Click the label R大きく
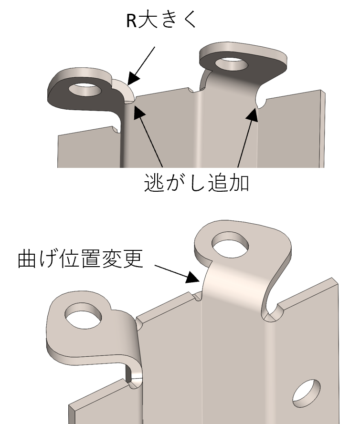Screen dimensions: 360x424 (x=161, y=20)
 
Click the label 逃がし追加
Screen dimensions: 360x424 (x=197, y=183)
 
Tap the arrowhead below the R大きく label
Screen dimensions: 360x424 (x=133, y=79)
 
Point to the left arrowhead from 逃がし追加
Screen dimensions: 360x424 (x=139, y=112)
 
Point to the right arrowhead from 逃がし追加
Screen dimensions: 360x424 (x=253, y=114)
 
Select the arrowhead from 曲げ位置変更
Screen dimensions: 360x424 (x=193, y=278)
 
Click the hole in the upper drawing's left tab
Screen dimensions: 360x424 (x=85, y=90)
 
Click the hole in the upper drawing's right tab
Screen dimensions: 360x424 (x=232, y=64)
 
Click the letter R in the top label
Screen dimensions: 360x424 (x=132, y=21)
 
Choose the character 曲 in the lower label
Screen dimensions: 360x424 (x=27, y=259)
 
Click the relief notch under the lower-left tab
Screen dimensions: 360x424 (x=134, y=383)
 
